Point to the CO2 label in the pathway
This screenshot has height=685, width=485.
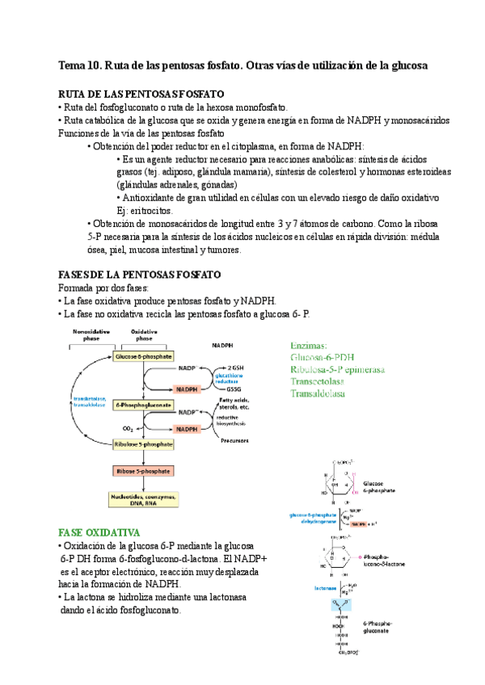128,428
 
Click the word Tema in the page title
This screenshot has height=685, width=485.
73,64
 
